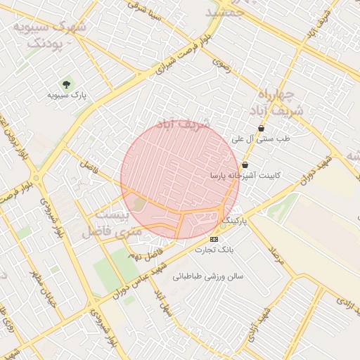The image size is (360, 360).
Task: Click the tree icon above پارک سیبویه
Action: point(67,82)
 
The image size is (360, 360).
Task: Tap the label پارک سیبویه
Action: point(67,94)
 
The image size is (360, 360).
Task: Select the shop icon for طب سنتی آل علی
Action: point(262,129)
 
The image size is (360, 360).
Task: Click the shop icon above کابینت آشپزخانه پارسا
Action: point(245,165)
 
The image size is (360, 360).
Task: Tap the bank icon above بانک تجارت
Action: point(214,239)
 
